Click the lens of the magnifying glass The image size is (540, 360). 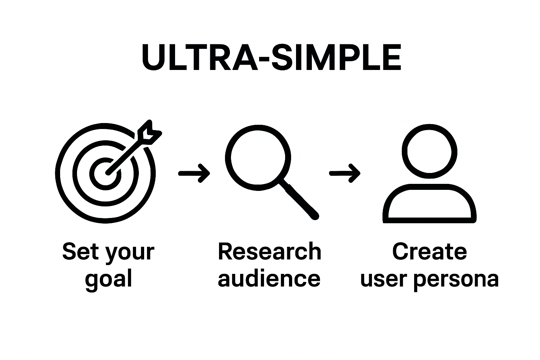click(258, 155)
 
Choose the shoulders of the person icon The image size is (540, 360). click(429, 204)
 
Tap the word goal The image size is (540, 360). click(109, 279)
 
